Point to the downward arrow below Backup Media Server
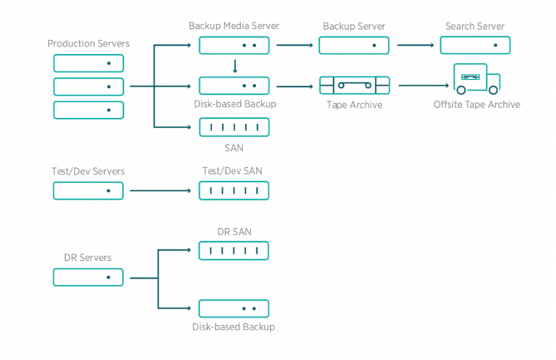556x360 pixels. (235, 67)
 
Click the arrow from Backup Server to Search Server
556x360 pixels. (416, 45)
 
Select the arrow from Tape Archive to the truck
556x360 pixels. (424, 85)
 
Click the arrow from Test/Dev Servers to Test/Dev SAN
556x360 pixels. (160, 191)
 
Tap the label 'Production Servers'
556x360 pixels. (88, 43)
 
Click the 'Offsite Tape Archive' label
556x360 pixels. (476, 104)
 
